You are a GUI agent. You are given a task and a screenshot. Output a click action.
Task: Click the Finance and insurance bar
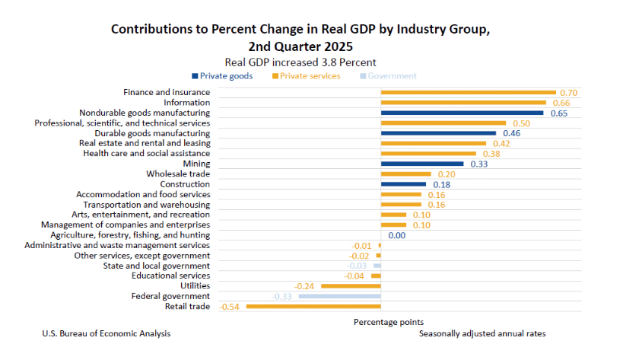click(x=468, y=93)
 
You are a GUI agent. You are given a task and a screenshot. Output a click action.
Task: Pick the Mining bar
click(x=422, y=164)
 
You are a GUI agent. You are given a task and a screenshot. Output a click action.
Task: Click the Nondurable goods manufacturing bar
click(x=462, y=113)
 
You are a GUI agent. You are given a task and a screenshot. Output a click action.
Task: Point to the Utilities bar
click(x=351, y=286)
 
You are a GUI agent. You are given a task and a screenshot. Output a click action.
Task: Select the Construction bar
click(x=403, y=184)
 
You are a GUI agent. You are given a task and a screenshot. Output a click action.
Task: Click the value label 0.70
click(x=568, y=93)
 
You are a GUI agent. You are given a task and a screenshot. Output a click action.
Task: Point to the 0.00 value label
click(x=396, y=235)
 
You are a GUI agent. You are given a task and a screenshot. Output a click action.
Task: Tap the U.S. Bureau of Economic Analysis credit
click(x=106, y=334)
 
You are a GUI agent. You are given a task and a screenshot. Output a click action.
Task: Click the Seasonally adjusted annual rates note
click(x=482, y=334)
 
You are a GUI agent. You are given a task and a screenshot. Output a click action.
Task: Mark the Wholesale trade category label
click(x=178, y=174)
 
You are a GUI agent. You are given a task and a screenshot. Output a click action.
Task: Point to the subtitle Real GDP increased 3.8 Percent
click(x=300, y=62)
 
